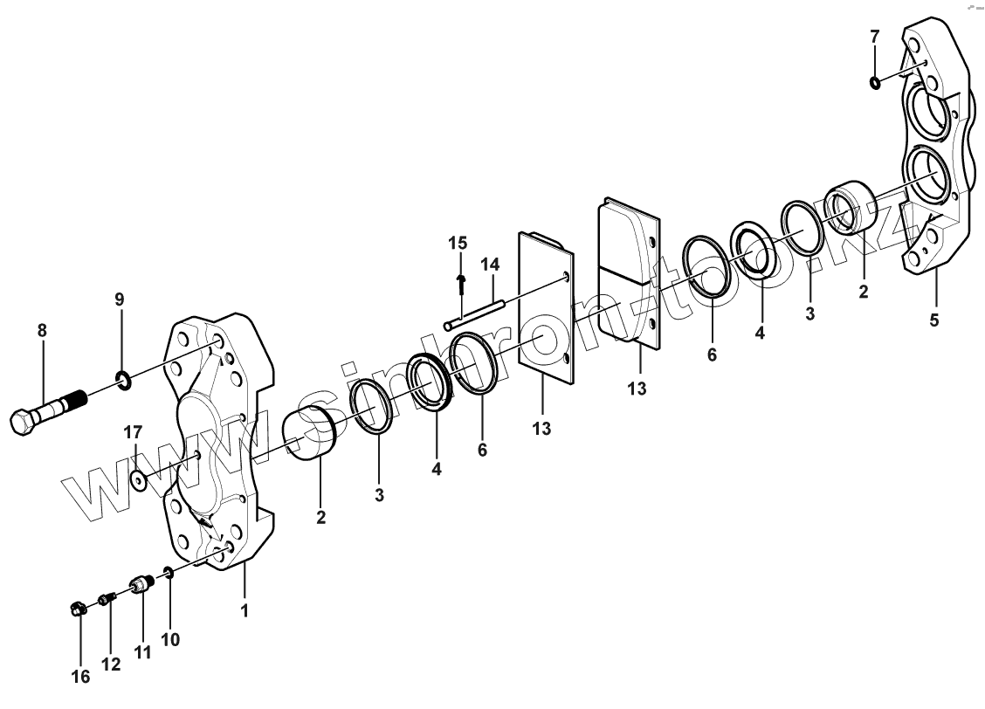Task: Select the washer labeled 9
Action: tap(123, 379)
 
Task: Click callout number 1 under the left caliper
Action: tap(245, 610)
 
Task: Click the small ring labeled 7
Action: tap(875, 83)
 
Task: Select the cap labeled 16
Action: tap(77, 609)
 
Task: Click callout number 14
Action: tap(490, 263)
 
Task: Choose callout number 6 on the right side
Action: tap(713, 355)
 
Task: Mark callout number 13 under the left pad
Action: tap(541, 429)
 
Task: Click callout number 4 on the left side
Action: tap(436, 468)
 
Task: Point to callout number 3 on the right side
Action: tap(810, 313)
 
